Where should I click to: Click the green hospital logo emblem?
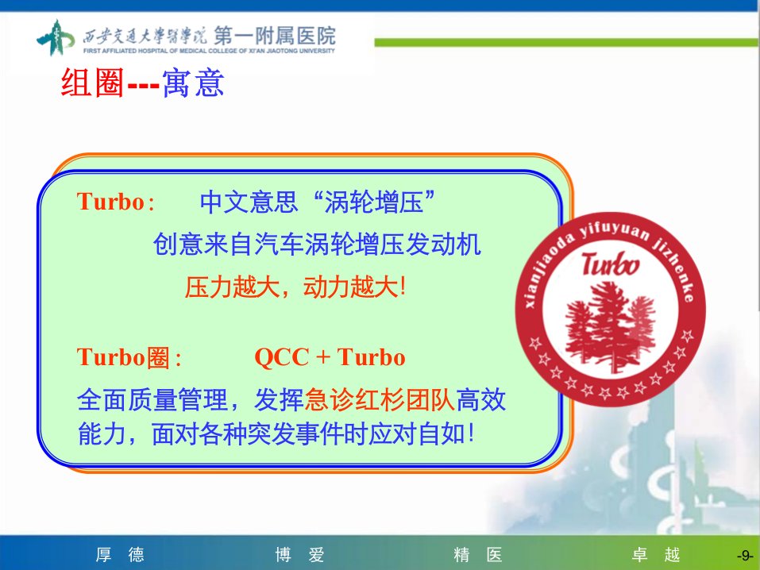[56, 37]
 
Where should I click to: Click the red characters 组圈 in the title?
[93, 83]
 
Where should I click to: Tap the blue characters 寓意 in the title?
[193, 83]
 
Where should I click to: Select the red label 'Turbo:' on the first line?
[116, 201]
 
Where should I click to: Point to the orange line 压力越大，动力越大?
[295, 287]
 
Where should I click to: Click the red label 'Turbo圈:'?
[129, 358]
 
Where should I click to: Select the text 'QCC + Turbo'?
[330, 357]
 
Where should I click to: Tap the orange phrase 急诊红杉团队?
[380, 400]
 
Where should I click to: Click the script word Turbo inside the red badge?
[610, 264]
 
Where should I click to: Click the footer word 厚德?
[120, 554]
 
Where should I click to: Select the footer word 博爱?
[299, 554]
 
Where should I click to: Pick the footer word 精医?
[478, 554]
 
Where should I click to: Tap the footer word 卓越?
[656, 554]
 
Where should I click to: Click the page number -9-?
[744, 556]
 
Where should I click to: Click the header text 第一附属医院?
[275, 36]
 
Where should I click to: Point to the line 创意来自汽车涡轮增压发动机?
[317, 244]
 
